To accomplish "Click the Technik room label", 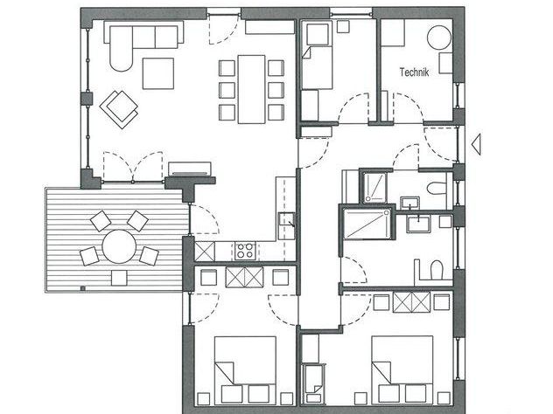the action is click(x=414, y=72).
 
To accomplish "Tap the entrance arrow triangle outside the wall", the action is click(x=477, y=144).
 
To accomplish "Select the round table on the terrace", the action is click(x=119, y=246).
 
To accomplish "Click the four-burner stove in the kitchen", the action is click(x=245, y=251).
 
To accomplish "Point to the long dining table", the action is click(x=251, y=89).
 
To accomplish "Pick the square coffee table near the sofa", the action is click(x=158, y=73).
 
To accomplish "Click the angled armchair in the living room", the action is click(x=119, y=109).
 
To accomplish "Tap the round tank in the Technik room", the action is click(x=439, y=38).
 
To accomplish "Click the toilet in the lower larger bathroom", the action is click(x=437, y=270).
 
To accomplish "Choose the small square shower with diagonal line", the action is click(x=374, y=188).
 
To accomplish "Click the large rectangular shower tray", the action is click(x=367, y=224).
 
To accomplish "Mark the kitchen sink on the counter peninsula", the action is click(x=286, y=220).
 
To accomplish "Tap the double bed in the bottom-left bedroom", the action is click(x=245, y=369).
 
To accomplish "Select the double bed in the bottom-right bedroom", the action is click(x=402, y=369).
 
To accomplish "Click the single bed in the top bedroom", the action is click(x=317, y=55).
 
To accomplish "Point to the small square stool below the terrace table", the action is click(x=119, y=278).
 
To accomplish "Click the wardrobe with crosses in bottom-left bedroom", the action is click(x=244, y=277).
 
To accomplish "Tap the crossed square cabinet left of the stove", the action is click(x=205, y=251).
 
